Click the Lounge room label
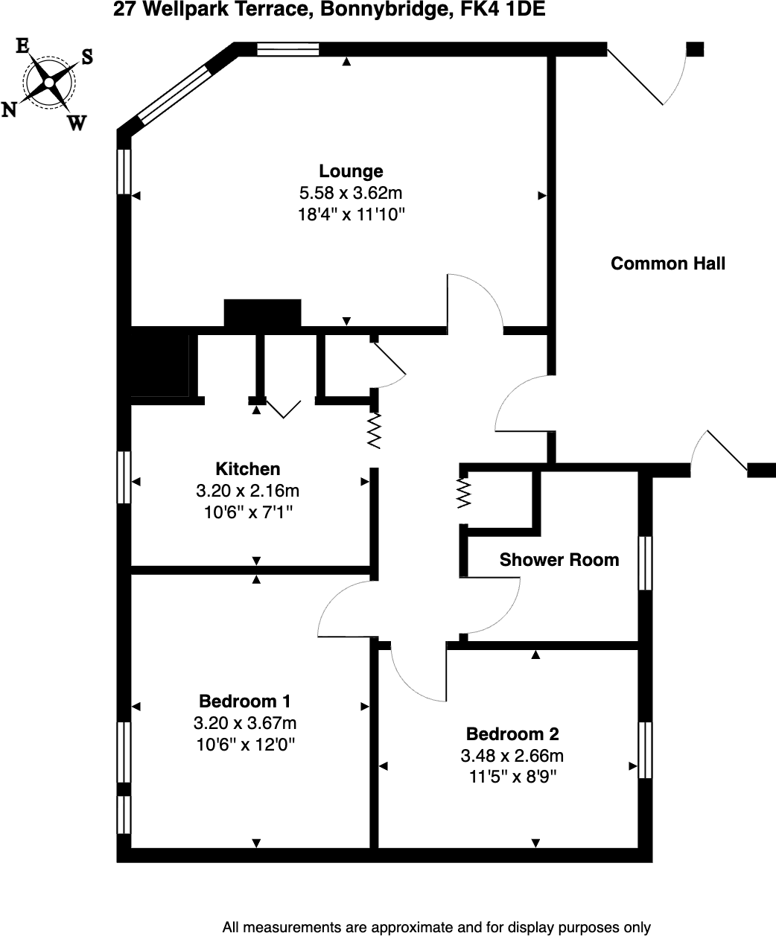click(351, 171)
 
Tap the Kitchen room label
click(248, 469)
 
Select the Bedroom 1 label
click(245, 701)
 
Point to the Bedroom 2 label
click(512, 734)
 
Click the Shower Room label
click(559, 560)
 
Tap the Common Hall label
click(668, 264)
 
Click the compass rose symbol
click(49, 83)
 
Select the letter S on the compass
click(86, 57)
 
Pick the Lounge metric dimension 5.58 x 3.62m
click(351, 194)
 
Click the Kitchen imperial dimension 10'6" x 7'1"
click(248, 512)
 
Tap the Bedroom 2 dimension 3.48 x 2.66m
click(512, 757)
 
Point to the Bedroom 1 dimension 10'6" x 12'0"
click(245, 745)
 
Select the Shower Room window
click(646, 563)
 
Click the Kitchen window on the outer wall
click(124, 477)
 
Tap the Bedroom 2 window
click(646, 750)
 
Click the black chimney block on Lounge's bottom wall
click(262, 313)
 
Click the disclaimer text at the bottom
click(436, 928)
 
